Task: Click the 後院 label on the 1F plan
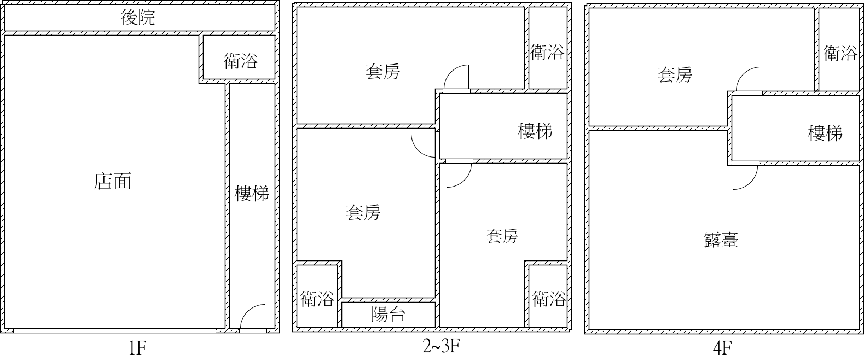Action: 138,18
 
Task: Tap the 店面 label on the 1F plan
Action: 112,181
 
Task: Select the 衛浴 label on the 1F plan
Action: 240,61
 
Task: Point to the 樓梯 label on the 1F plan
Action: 252,193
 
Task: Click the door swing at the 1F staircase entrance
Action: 253,316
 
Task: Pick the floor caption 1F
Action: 137,349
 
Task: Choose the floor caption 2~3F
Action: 441,346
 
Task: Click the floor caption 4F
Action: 722,349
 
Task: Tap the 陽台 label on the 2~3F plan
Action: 388,315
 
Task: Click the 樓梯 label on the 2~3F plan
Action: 535,131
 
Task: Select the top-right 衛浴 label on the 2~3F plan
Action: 547,52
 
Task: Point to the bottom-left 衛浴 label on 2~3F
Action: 317,299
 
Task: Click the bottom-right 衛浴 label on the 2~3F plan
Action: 549,299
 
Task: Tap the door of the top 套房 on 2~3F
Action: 456,77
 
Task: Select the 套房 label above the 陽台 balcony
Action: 363,213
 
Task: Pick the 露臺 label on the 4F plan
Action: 721,240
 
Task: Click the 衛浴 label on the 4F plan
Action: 840,53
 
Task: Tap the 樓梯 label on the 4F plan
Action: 825,133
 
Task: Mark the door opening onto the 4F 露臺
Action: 745,177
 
